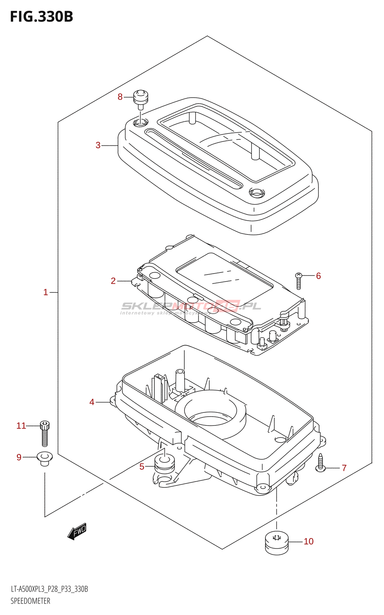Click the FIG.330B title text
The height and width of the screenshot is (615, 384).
point(41,17)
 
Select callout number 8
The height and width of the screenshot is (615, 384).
point(120,97)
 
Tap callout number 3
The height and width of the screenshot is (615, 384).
point(98,145)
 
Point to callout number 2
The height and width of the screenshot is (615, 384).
point(113,281)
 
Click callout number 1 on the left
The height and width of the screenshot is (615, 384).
point(45,293)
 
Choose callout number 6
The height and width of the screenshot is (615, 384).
point(318,276)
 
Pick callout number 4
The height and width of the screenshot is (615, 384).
point(92,402)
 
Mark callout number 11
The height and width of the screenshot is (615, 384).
point(21,426)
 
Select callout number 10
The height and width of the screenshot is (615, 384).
point(309,542)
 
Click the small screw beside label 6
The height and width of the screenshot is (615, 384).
point(299,281)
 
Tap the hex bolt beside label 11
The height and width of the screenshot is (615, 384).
point(45,433)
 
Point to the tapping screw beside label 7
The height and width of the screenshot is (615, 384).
point(321,462)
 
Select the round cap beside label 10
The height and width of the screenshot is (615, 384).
point(277,542)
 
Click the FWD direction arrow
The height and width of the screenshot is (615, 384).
point(77,531)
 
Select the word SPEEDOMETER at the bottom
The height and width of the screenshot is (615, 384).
point(30,601)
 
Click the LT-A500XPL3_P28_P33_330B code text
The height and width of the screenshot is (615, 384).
point(49,589)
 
